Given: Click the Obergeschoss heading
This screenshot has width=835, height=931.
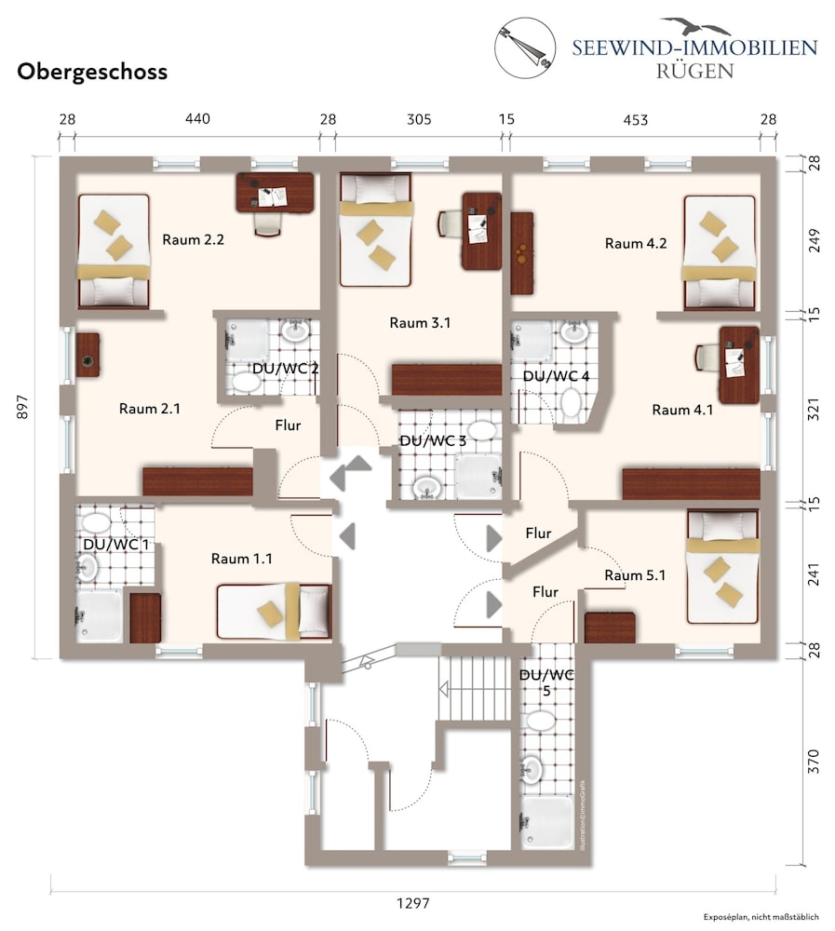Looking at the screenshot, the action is pos(92,72).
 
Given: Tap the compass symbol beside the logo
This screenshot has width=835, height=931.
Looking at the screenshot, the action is pos(525,47).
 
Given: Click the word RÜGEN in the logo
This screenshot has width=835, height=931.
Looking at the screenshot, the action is pos(694,71).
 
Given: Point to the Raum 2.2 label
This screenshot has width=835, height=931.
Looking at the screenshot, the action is pos(193,240).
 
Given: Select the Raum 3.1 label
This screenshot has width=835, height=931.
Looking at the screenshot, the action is pos(420,323).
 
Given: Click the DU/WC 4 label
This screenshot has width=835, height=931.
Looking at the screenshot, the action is pos(556,376).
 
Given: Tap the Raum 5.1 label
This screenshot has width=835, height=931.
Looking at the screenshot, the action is pos(635,575).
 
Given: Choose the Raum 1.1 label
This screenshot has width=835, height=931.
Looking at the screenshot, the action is pos(242,559).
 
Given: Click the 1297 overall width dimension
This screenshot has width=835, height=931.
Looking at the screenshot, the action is pos(412,903).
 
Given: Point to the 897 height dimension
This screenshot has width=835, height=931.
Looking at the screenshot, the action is pos(22,407).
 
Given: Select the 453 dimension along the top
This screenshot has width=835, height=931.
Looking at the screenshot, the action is pos(636,120).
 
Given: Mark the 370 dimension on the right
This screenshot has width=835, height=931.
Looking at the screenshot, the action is pos(814,762).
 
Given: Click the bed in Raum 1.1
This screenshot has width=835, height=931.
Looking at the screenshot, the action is pos(274,612).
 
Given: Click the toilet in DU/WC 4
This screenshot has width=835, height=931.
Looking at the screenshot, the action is pos(571,402).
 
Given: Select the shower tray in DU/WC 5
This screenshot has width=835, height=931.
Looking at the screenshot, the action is pos(547,823).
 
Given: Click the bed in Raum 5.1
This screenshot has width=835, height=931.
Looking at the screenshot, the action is pos(722,566).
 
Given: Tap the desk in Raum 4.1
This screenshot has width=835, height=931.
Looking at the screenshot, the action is pos(739,365).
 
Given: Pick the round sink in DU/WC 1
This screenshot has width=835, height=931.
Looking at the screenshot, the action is pos(87,568).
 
